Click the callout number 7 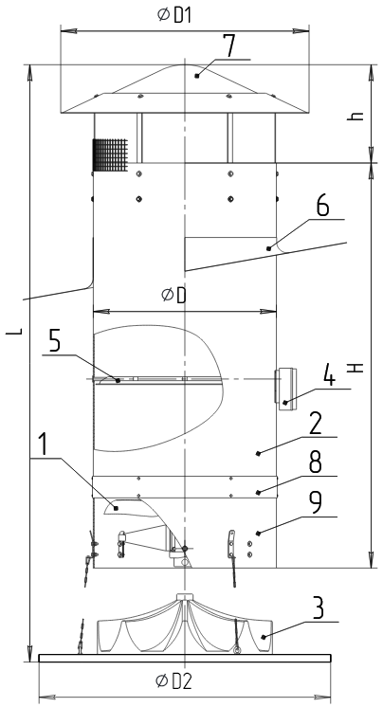[x=230, y=46]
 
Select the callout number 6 [x=322, y=207]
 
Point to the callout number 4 [x=330, y=376]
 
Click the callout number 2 [x=316, y=426]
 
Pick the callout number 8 [x=316, y=463]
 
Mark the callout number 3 [x=318, y=609]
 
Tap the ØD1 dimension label [x=174, y=15]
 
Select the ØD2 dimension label [x=173, y=681]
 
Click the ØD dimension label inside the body [x=173, y=296]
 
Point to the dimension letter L [x=14, y=332]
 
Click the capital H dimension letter [x=356, y=368]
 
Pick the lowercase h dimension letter [x=356, y=116]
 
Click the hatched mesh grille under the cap [x=110, y=155]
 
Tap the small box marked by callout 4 [x=285, y=389]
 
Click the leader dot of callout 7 [x=197, y=76]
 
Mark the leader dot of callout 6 [x=269, y=248]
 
